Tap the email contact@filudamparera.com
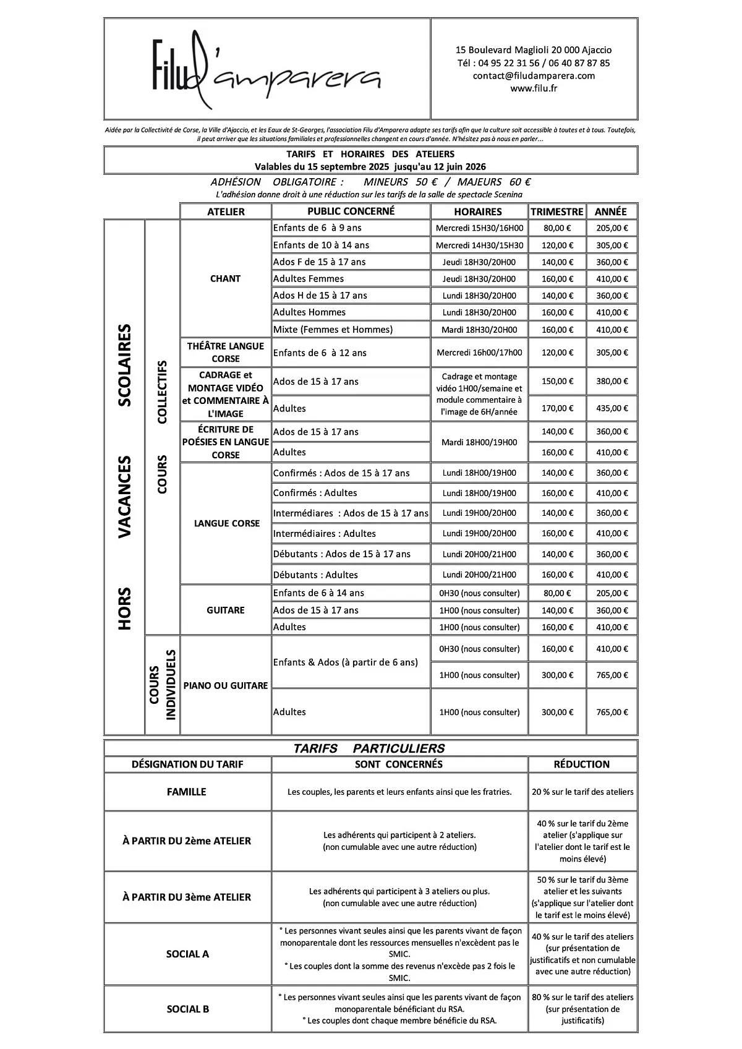[534, 76]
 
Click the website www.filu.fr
[534, 88]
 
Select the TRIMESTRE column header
[556, 212]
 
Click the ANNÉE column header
[610, 212]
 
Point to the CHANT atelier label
[225, 279]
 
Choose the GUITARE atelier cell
[225, 610]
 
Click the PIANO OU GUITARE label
[225, 686]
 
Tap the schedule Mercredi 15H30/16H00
[479, 228]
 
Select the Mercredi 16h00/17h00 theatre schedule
[479, 353]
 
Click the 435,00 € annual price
[612, 408]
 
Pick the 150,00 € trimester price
[557, 382]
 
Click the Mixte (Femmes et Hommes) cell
[333, 330]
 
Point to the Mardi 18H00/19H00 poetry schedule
[479, 442]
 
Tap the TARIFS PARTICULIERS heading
[369, 748]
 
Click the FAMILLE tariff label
[187, 792]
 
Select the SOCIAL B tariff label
[187, 1009]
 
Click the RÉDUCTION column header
[582, 764]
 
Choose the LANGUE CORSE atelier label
[226, 523]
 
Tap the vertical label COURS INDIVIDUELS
[163, 685]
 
